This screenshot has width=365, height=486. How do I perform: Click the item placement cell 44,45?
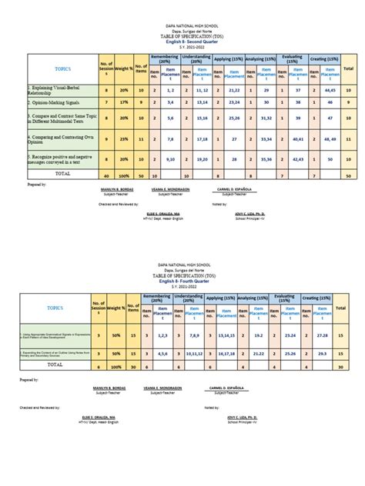pyautogui.click(x=328, y=90)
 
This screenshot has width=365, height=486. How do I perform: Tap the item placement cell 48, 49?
pyautogui.click(x=328, y=140)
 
